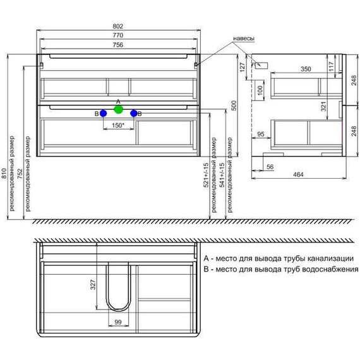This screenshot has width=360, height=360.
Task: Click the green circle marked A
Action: (x=119, y=109)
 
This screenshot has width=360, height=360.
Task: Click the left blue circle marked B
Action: (x=104, y=114)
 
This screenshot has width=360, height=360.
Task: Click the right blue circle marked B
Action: (x=134, y=114)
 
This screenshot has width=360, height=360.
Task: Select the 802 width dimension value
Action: (x=117, y=27)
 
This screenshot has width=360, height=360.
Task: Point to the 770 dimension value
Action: (x=117, y=35)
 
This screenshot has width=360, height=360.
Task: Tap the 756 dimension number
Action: (x=117, y=45)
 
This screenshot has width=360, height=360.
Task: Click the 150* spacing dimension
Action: (x=118, y=126)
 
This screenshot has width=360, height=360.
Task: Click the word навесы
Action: (x=244, y=39)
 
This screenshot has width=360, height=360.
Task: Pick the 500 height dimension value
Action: (x=234, y=105)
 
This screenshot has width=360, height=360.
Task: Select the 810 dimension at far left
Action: (x=4, y=174)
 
